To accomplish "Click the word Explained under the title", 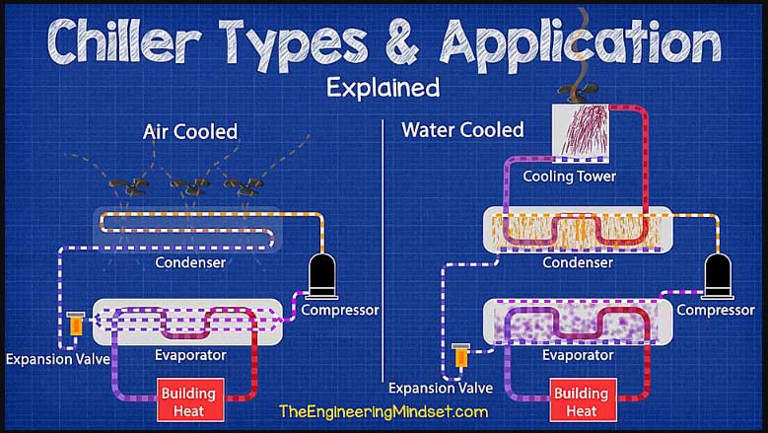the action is click(x=384, y=88).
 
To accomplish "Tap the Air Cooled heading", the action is click(x=190, y=132).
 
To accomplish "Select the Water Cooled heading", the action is click(x=462, y=130).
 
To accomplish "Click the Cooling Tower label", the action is click(x=569, y=177).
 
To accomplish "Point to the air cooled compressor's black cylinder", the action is click(x=322, y=275).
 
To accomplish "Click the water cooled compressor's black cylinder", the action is click(x=718, y=275).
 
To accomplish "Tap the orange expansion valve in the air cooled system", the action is click(x=76, y=324).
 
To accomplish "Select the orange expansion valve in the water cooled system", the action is click(x=460, y=355).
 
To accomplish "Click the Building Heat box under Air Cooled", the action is click(x=190, y=400).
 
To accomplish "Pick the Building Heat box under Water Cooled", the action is click(x=583, y=400).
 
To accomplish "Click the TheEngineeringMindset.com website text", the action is click(x=384, y=411).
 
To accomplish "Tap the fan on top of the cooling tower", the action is click(x=578, y=91).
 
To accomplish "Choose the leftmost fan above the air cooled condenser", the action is click(x=129, y=186).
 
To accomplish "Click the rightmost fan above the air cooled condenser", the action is click(x=243, y=186).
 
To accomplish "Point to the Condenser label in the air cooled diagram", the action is click(x=190, y=262).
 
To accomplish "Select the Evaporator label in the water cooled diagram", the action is click(x=578, y=355).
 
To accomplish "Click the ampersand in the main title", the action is click(x=401, y=42).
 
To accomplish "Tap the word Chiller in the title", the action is click(x=126, y=40).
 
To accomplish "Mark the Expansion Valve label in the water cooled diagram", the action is click(x=441, y=389).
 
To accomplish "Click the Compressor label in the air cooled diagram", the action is click(x=340, y=311).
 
